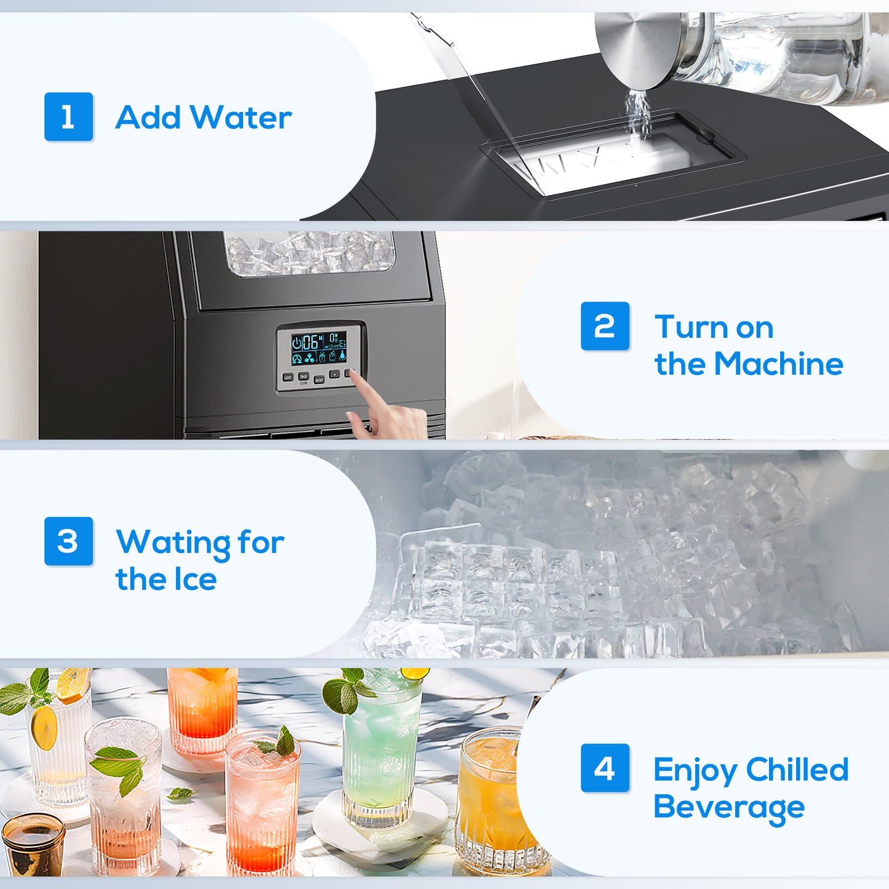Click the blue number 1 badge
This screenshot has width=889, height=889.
68,117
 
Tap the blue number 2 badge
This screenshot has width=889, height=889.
605,326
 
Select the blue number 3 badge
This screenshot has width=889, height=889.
68,541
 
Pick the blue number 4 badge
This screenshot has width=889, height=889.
605,768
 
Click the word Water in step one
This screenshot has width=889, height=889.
241,118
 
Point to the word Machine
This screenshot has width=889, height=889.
779,364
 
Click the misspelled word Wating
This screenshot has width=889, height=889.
173,543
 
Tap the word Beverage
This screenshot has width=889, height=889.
729,807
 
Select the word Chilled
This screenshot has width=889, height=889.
797,770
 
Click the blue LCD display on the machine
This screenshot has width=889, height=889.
318,349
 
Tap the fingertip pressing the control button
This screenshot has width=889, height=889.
355,377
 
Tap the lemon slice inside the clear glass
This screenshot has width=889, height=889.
44,728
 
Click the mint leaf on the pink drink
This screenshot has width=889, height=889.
280,743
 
